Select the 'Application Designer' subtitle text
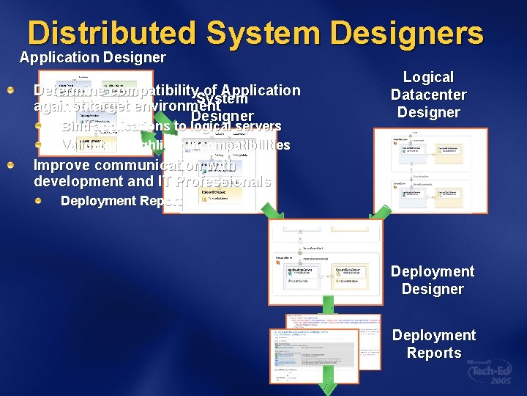click(92, 57)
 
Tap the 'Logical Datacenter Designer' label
click(428, 95)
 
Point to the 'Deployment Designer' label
click(432, 280)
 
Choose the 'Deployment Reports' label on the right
click(434, 344)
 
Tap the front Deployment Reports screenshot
click(314, 355)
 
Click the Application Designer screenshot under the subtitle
click(95, 103)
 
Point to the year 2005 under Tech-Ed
click(503, 382)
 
